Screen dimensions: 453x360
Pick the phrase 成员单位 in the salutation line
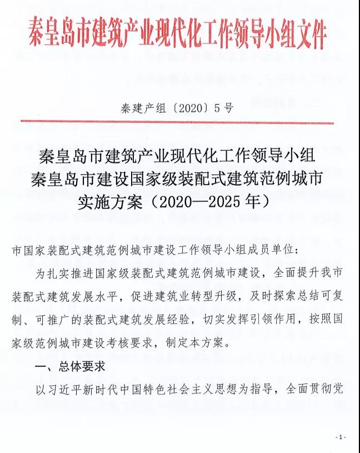click(274, 250)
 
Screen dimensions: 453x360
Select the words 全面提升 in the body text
click(288, 273)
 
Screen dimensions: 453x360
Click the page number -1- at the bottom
click(341, 437)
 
